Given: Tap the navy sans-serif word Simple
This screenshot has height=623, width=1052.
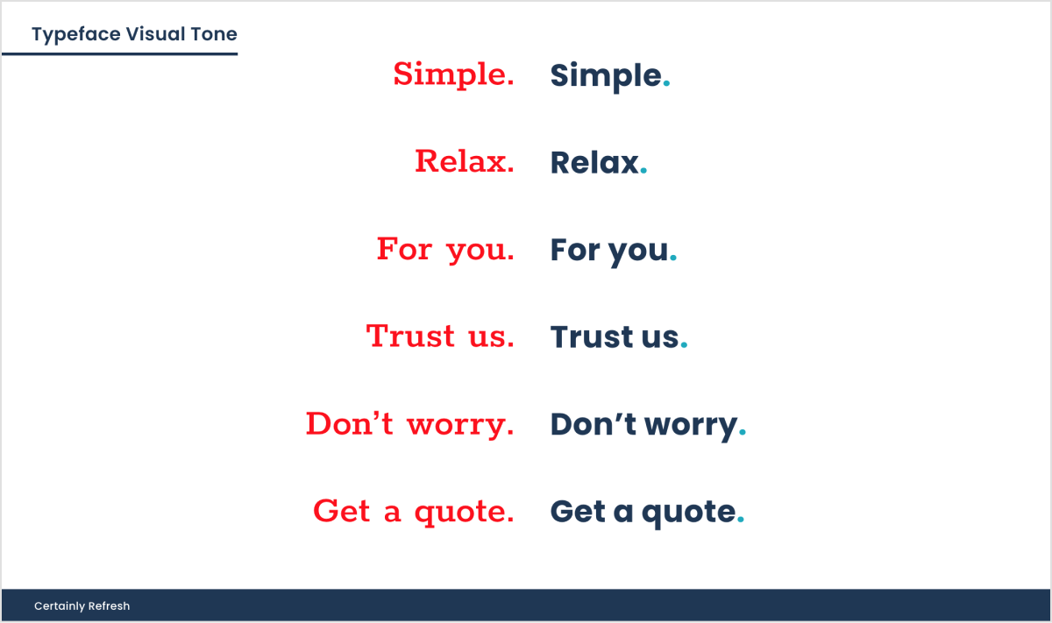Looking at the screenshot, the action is [606, 76].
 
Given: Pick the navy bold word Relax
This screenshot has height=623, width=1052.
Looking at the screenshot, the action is [594, 163].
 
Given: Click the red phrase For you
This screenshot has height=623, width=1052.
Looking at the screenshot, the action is [445, 250].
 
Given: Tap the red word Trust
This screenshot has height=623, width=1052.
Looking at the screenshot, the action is [410, 336].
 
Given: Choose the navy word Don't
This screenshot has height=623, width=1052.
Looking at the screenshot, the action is [594, 424].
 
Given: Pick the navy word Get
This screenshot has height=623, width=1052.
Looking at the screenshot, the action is [578, 511].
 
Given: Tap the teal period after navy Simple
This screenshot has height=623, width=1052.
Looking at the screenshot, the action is [666, 83].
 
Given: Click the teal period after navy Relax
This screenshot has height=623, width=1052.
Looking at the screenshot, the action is [643, 171].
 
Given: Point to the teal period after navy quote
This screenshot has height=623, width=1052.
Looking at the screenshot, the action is [741, 520].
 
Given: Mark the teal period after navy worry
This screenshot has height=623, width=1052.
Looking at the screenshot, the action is [742, 432].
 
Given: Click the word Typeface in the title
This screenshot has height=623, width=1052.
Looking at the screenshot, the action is [76, 35].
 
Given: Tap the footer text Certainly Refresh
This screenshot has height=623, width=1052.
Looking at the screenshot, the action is [82, 606].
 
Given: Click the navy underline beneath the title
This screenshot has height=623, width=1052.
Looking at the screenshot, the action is [120, 54].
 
